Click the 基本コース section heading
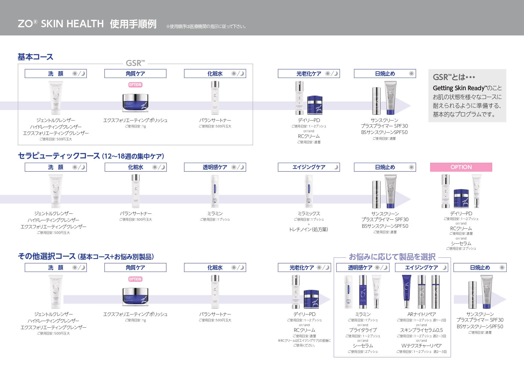click(x=35, y=57)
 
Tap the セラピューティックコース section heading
click(x=59, y=156)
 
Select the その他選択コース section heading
click(x=47, y=256)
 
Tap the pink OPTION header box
click(x=461, y=167)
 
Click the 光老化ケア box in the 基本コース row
click(x=309, y=74)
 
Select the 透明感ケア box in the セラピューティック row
click(x=215, y=167)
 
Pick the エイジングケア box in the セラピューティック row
click(x=309, y=167)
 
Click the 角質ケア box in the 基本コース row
click(x=135, y=74)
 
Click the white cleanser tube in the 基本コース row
click(x=56, y=97)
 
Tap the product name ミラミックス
click(x=309, y=213)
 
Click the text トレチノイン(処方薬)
click(x=309, y=229)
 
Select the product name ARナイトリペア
click(x=422, y=314)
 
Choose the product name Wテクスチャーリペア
click(x=422, y=346)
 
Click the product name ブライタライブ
click(x=363, y=330)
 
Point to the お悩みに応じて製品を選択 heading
click(x=392, y=257)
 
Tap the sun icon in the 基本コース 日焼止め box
click(x=411, y=74)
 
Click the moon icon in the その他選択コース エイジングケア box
click(x=444, y=268)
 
